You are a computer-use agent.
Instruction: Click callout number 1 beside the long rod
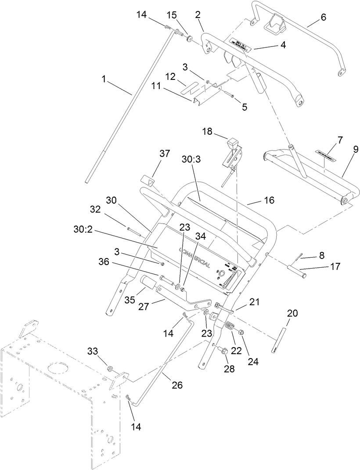(x=104, y=79)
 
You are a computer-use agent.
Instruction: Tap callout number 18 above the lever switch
(x=207, y=131)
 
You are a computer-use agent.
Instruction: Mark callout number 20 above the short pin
(x=292, y=313)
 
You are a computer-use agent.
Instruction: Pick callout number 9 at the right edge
(x=355, y=149)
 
